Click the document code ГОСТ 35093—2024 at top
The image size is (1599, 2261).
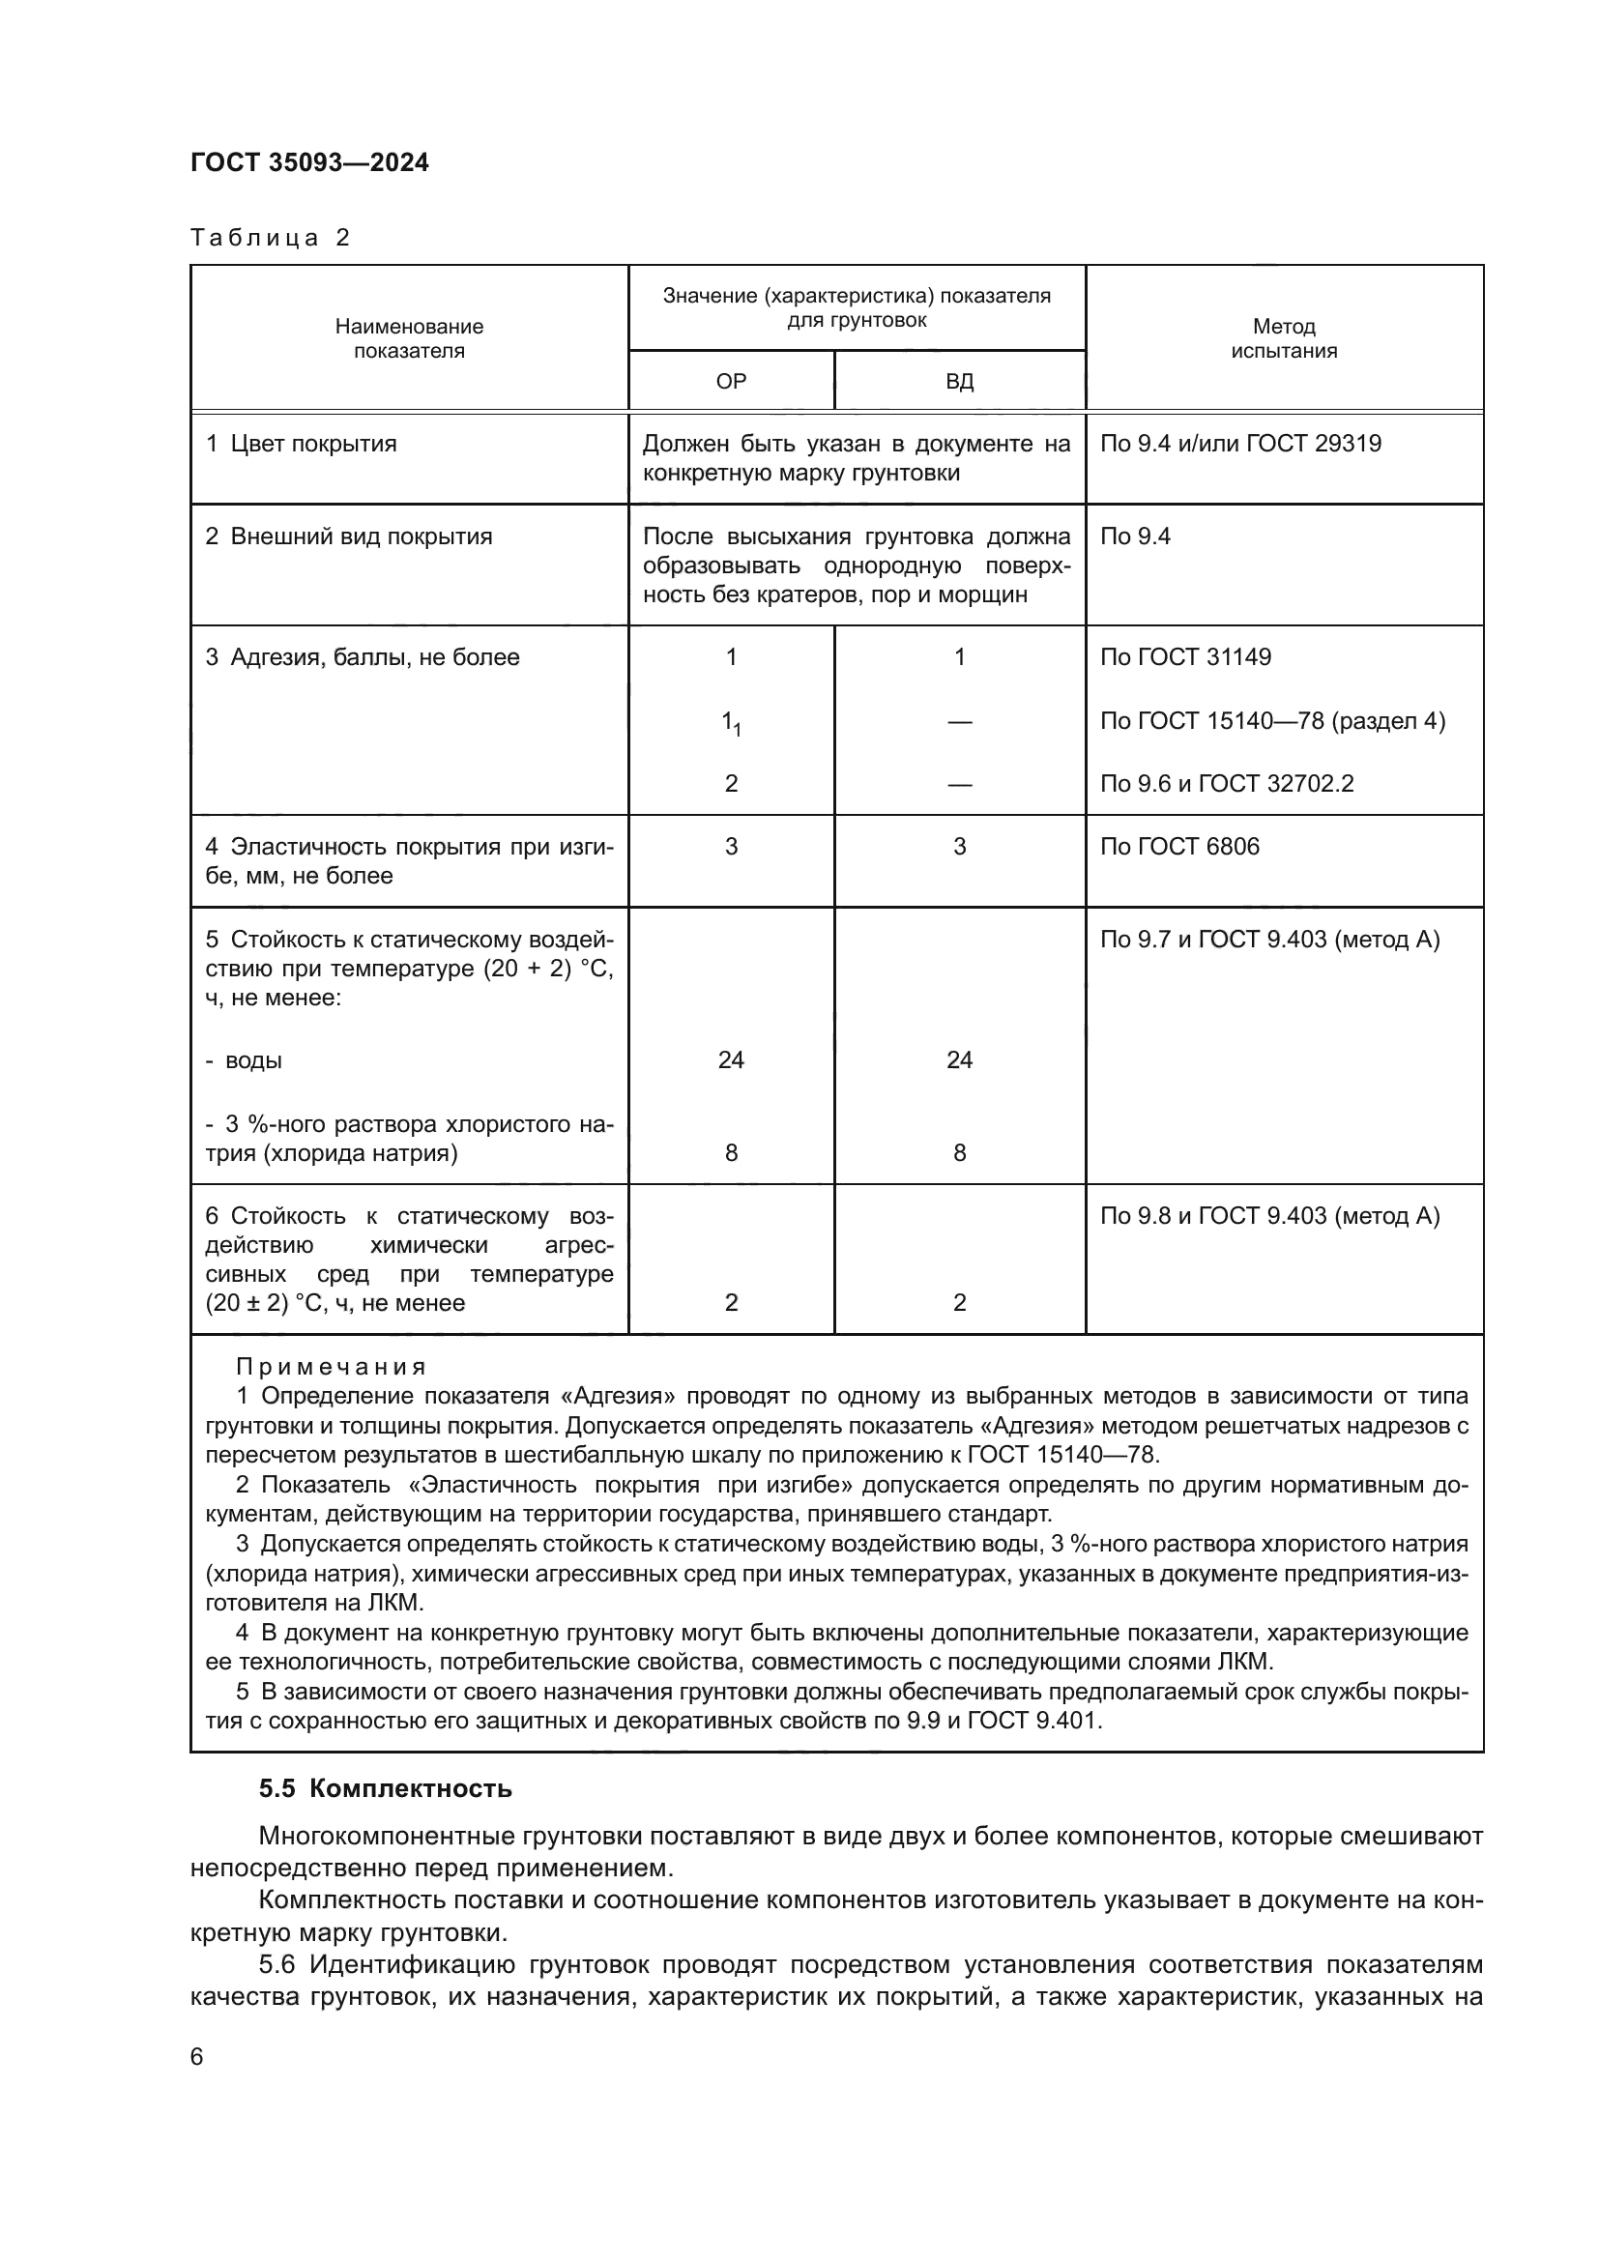coord(309,162)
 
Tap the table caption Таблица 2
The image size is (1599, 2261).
coord(270,238)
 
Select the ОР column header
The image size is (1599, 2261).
coord(731,381)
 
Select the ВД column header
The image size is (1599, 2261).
coord(959,381)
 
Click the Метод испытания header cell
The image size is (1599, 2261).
coord(1283,337)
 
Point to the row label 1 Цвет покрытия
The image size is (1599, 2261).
coord(301,443)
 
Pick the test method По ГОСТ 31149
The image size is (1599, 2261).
coord(1185,656)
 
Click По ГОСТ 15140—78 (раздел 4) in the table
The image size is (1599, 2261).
coord(1272,721)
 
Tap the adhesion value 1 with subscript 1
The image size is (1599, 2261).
coord(732,724)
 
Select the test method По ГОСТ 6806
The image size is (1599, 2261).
coord(1179,846)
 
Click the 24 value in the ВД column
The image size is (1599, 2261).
coord(959,1059)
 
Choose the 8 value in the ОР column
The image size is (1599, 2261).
coord(731,1152)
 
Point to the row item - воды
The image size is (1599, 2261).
coord(245,1060)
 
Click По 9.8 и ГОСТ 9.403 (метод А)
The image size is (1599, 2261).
coord(1269,1215)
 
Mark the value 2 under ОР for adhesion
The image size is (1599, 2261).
coord(731,783)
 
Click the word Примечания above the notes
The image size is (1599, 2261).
coord(331,1367)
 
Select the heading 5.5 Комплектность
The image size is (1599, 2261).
coord(385,1788)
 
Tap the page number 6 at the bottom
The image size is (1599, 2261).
coord(197,2057)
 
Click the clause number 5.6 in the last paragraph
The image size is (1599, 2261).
coord(276,1964)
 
